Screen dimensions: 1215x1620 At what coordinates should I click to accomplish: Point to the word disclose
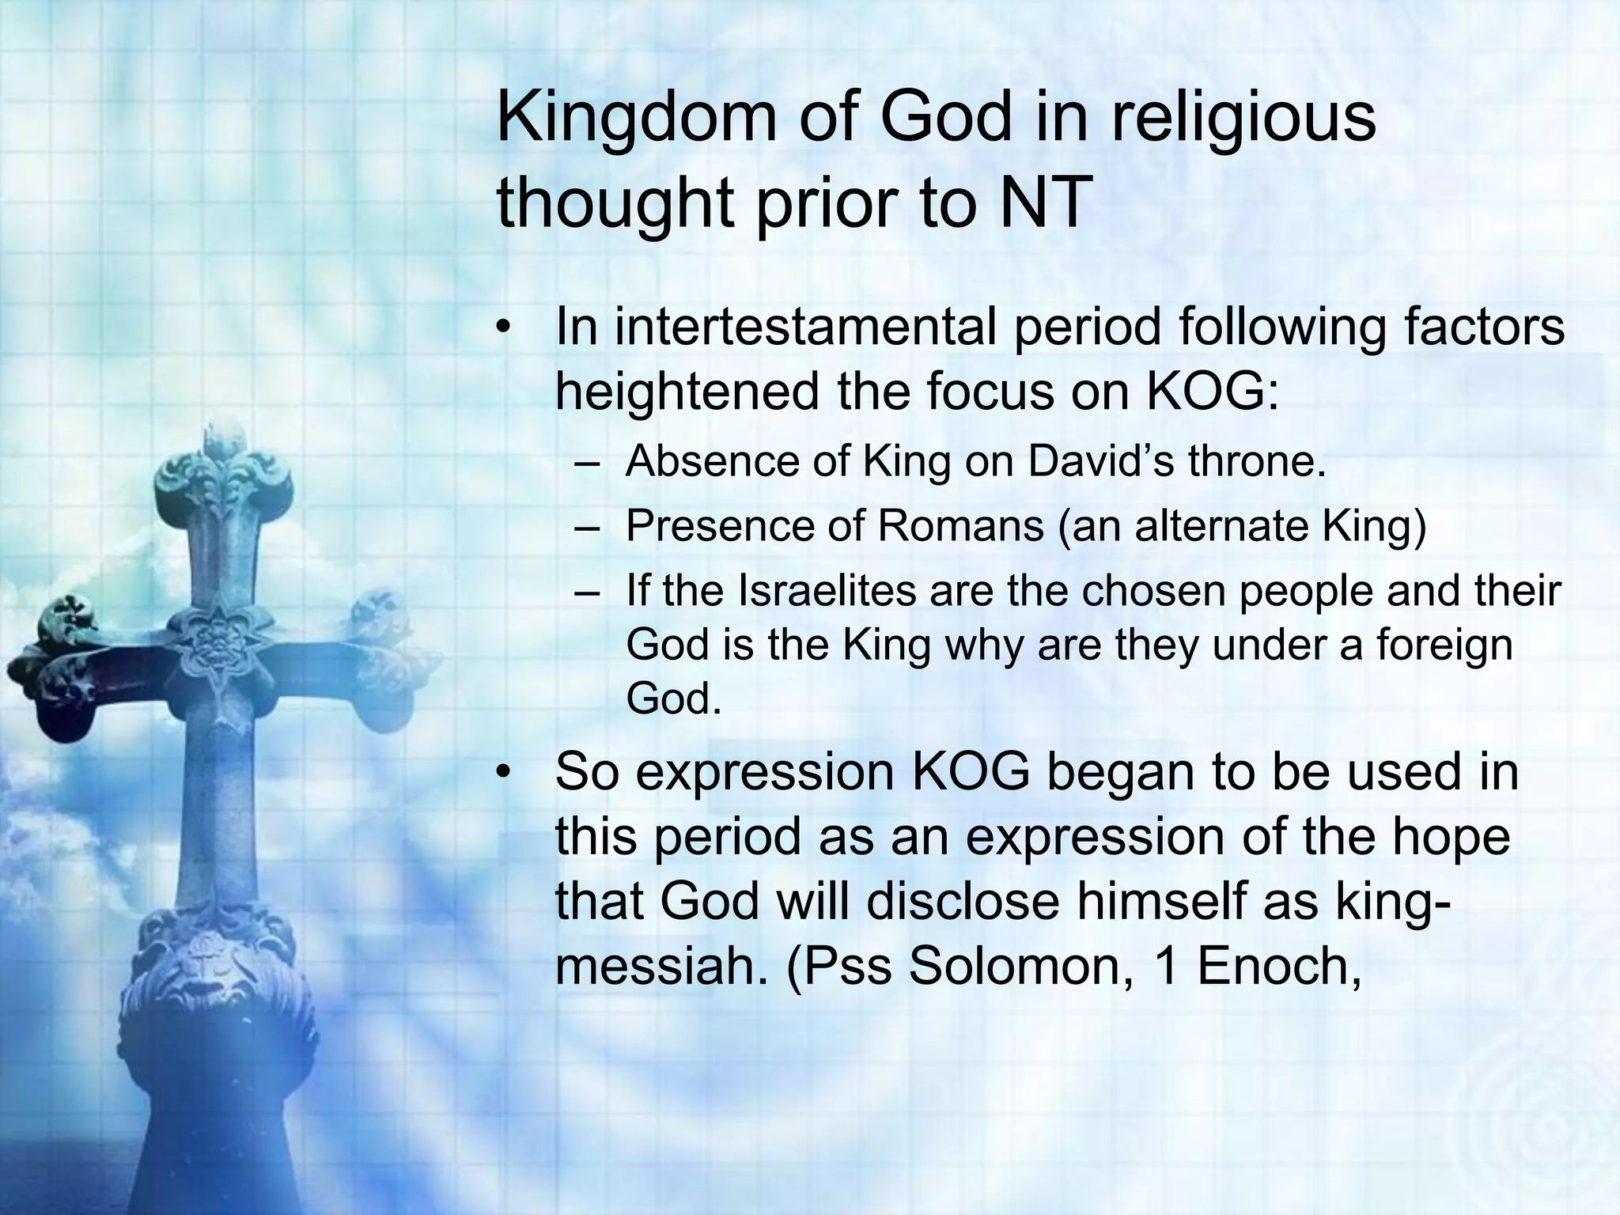coord(962,902)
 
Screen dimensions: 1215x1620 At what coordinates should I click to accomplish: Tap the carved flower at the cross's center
coord(212,645)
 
